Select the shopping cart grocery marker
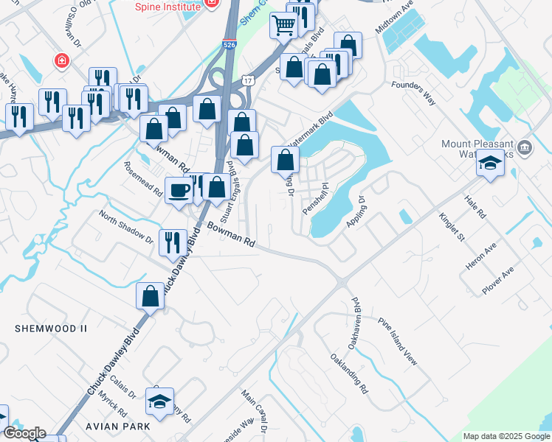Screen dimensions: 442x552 pos(284,26)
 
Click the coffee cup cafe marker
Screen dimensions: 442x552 pos(179,191)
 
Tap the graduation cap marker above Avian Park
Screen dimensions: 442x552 pos(159,401)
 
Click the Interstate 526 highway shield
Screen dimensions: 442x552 pos(230,45)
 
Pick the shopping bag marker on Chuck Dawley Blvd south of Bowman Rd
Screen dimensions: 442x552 pos(150,295)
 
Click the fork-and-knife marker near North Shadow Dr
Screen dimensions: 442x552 pos(172,242)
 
